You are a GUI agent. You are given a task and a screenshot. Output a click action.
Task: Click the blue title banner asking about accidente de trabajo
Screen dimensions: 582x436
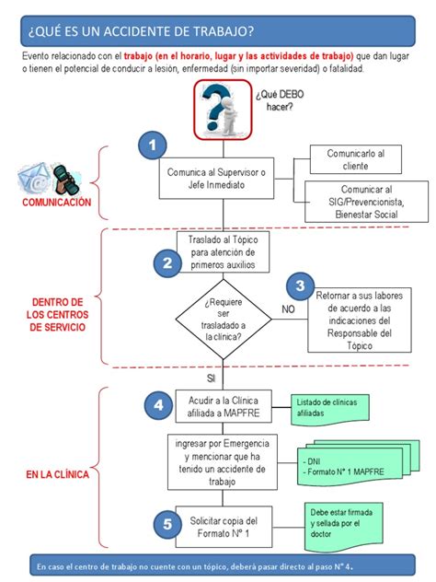click(217, 32)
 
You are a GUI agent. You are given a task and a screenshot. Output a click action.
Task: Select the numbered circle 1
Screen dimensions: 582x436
click(153, 145)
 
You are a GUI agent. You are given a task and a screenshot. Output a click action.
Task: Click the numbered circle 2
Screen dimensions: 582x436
click(166, 263)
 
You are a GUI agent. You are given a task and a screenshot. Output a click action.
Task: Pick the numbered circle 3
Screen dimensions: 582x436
click(299, 285)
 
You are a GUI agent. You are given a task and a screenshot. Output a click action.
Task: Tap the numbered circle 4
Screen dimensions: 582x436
click(158, 403)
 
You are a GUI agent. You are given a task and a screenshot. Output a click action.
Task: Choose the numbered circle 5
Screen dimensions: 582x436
click(166, 524)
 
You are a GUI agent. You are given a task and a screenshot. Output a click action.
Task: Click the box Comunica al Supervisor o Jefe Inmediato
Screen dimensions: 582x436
click(217, 178)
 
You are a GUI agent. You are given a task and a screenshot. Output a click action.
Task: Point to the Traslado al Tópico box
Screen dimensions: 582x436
click(223, 251)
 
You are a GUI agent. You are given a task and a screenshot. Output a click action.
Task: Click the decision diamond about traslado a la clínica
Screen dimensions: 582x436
click(223, 319)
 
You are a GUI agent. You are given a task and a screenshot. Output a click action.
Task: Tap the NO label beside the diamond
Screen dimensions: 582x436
click(288, 309)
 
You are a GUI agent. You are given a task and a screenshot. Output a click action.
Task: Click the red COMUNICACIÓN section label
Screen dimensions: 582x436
click(57, 201)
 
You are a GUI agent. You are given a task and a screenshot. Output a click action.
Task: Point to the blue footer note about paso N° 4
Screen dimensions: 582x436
click(218, 566)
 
